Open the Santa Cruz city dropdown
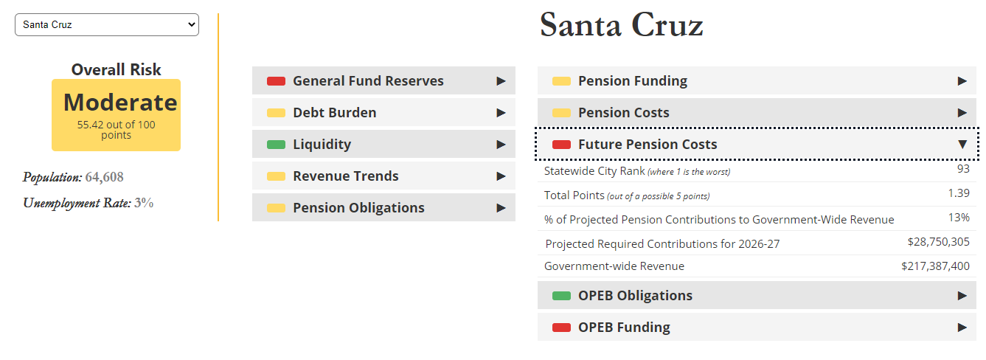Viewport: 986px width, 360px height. tap(107, 24)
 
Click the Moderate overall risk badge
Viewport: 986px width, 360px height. tap(117, 115)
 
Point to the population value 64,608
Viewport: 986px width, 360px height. tap(104, 177)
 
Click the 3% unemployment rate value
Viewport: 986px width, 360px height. tap(144, 203)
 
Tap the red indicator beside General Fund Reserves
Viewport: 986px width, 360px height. tap(276, 81)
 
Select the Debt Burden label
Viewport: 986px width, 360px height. tap(335, 113)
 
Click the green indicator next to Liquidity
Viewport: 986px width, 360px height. tap(276, 145)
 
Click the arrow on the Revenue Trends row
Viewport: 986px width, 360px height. tap(501, 176)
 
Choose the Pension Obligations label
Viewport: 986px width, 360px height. tap(358, 208)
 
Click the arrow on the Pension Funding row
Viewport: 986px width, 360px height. tap(962, 81)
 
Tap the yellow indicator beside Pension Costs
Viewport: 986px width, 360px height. tap(561, 113)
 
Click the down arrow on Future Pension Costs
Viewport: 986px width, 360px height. tap(962, 145)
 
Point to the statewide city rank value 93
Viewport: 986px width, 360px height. tap(963, 169)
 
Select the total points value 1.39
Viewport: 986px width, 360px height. tap(959, 193)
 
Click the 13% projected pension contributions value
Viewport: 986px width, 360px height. tap(959, 218)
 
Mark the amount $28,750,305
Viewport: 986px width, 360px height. tap(939, 242)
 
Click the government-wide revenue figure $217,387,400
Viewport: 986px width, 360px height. tap(935, 266)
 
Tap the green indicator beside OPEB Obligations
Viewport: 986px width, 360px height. tap(561, 296)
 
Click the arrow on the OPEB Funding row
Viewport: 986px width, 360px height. tap(962, 328)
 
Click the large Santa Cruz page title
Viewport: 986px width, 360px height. tap(621, 25)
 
